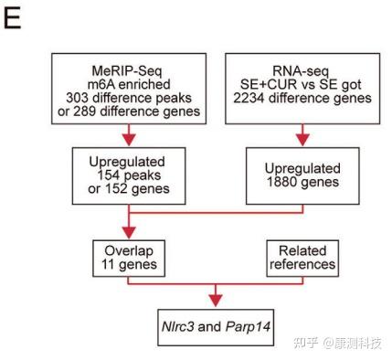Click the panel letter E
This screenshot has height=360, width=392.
click(12, 19)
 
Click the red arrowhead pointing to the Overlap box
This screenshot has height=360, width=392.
click(126, 233)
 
